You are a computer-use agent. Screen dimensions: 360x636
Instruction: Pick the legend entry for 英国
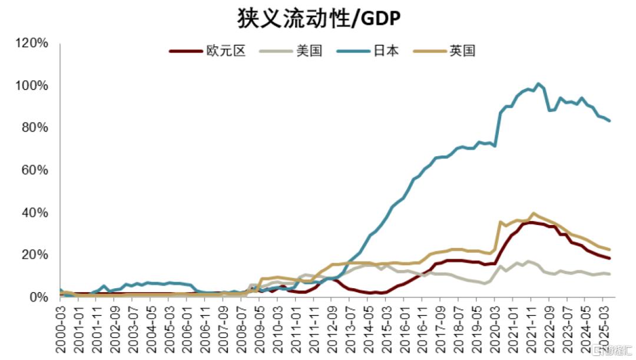pos(463,51)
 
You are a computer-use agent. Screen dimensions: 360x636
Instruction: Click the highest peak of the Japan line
pos(538,84)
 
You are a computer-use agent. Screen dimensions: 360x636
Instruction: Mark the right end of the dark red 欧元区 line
pos(609,258)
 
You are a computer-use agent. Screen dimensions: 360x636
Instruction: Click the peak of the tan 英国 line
pos(533,213)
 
